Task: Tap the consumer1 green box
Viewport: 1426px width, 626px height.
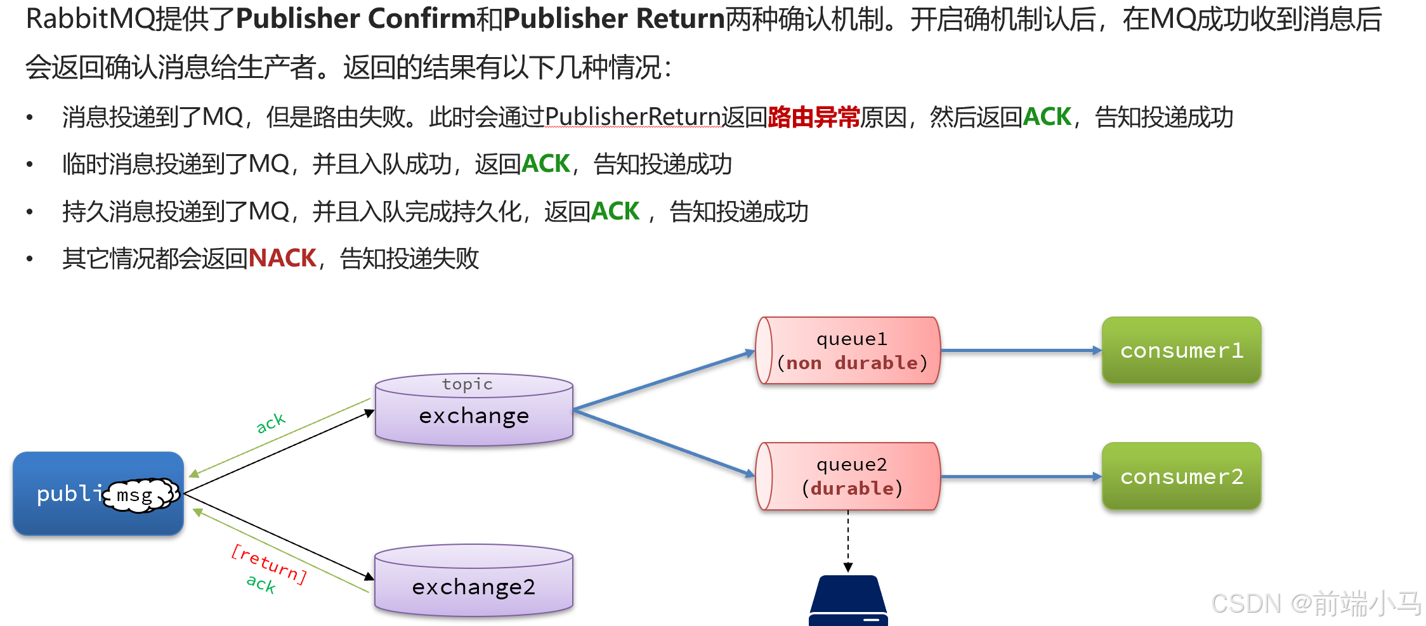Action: pyautogui.click(x=1181, y=350)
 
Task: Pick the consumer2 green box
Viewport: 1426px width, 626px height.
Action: pyautogui.click(x=1181, y=476)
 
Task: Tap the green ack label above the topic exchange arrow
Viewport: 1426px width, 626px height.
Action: pyautogui.click(x=271, y=422)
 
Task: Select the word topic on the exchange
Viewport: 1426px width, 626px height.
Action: pyautogui.click(x=467, y=384)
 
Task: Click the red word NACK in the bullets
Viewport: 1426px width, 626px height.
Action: pyautogui.click(x=282, y=259)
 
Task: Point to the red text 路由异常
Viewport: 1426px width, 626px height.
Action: pyautogui.click(x=813, y=117)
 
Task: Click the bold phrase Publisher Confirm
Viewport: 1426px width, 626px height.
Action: pyautogui.click(x=355, y=19)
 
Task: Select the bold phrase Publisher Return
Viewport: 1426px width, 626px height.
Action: pyautogui.click(x=614, y=19)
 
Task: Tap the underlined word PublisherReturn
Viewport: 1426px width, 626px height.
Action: pyautogui.click(x=632, y=117)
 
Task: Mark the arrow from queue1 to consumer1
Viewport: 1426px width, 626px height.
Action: pyautogui.click(x=1020, y=350)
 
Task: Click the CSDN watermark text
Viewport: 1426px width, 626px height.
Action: pyautogui.click(x=1316, y=603)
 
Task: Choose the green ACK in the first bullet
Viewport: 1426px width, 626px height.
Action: pyautogui.click(x=1047, y=117)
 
